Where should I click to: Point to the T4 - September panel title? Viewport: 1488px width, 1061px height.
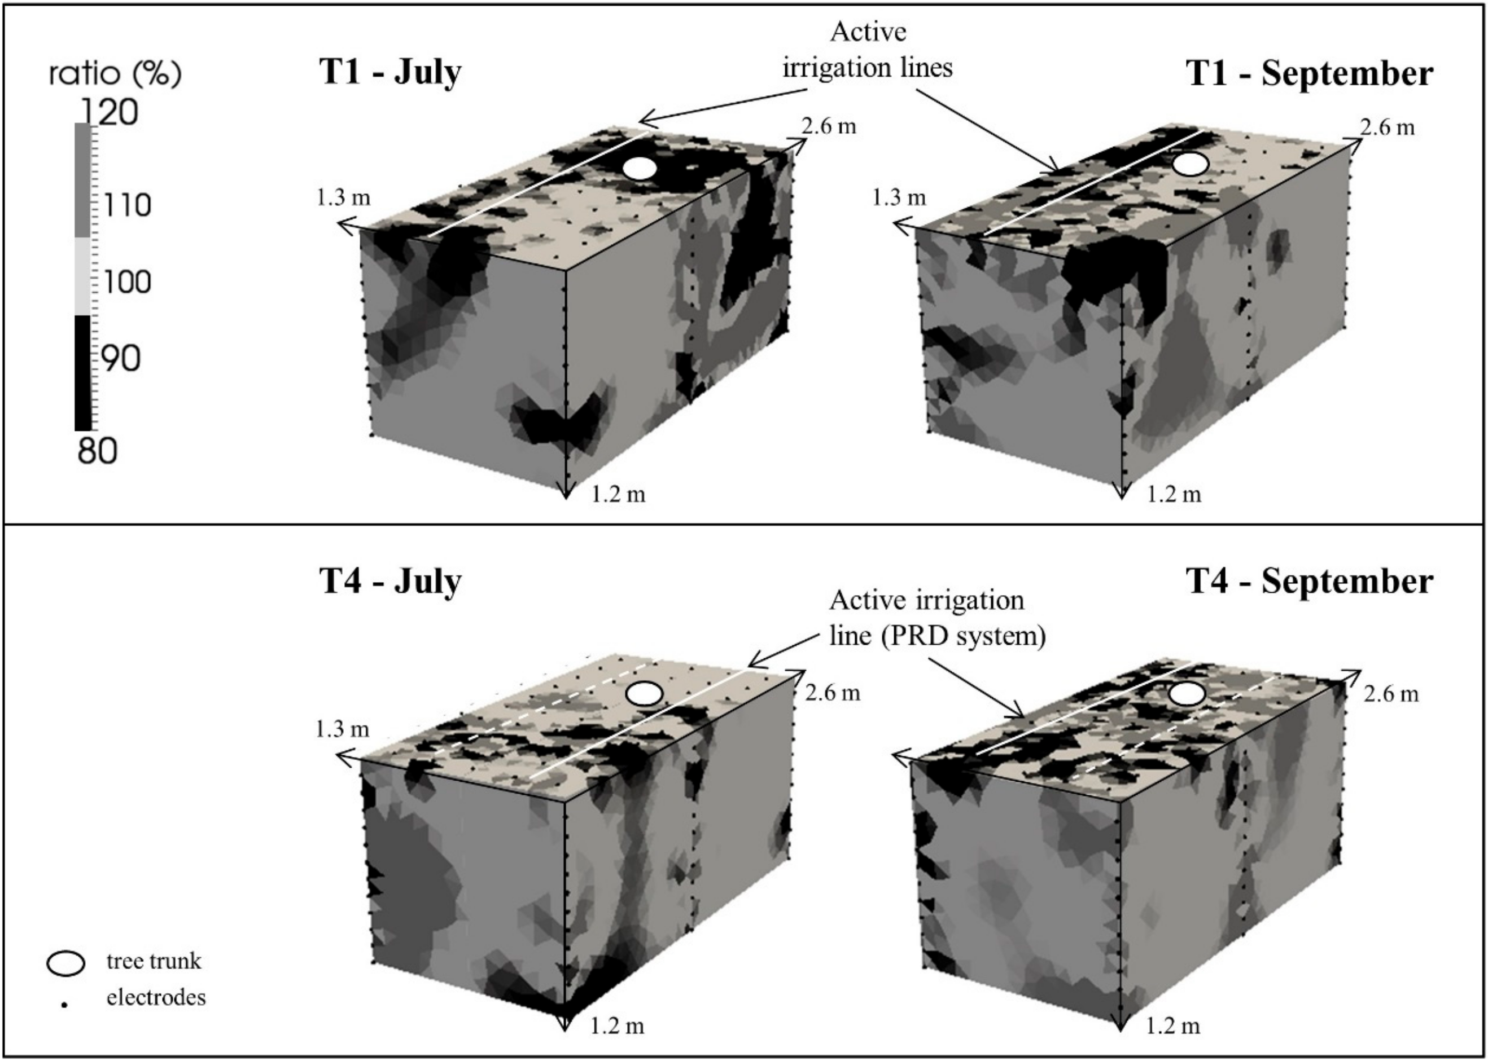[x=1310, y=581]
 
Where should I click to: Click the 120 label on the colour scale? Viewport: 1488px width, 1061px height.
[x=108, y=112]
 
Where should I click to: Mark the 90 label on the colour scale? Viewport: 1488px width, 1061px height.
[x=121, y=359]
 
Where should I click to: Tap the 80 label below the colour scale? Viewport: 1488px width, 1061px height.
[x=98, y=451]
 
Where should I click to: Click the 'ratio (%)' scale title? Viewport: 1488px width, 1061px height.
[x=115, y=74]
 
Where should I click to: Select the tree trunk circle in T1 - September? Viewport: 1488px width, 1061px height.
[x=1190, y=164]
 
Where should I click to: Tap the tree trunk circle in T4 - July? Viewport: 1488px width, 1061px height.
[x=645, y=694]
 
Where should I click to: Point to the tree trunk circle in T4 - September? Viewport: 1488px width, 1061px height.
[x=1187, y=694]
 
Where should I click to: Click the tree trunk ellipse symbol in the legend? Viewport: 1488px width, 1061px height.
[x=65, y=962]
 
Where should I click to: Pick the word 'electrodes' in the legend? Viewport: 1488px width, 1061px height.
[x=156, y=998]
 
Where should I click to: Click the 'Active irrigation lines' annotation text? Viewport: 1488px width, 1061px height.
[x=868, y=50]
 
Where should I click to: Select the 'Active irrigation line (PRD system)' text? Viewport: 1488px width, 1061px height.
[x=938, y=618]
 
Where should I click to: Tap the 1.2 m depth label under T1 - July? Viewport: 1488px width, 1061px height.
[x=619, y=495]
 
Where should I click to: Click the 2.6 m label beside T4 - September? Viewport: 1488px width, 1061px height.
[x=1391, y=694]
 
